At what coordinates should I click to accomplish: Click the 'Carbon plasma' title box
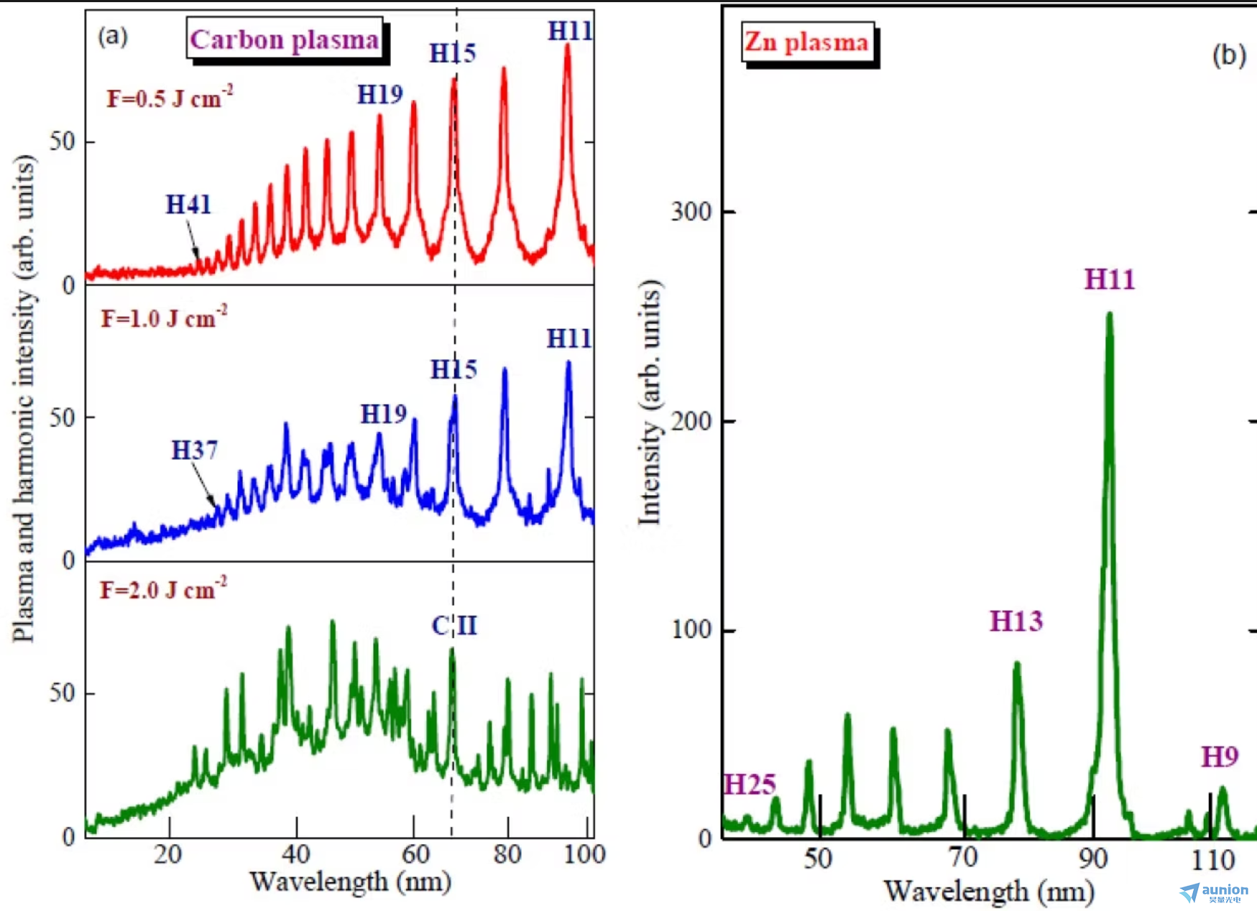[x=285, y=40]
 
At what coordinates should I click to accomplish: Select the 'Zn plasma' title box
[x=806, y=42]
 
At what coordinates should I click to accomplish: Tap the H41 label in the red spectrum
[x=188, y=205]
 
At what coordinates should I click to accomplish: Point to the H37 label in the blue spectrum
[x=194, y=450]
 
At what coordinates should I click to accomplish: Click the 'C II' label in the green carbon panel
[x=453, y=626]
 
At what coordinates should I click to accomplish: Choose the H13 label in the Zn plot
[x=1016, y=621]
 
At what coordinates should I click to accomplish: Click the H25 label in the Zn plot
[x=750, y=785]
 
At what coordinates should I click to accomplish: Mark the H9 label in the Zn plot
[x=1220, y=757]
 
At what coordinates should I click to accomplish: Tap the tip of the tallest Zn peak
[x=1110, y=314]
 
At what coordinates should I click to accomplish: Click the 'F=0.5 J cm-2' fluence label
[x=170, y=97]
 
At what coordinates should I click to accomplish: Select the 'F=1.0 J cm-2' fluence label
[x=164, y=317]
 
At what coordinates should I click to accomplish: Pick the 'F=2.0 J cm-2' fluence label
[x=163, y=589]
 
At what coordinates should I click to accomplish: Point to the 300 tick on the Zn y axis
[x=691, y=212]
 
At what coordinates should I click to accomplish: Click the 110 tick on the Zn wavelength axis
[x=1212, y=859]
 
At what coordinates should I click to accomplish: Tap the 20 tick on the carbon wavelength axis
[x=168, y=854]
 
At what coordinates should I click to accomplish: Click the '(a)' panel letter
[x=113, y=36]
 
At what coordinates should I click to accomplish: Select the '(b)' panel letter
[x=1228, y=55]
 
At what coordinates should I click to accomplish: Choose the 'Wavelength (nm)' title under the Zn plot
[x=989, y=892]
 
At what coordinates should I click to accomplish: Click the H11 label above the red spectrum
[x=570, y=31]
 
